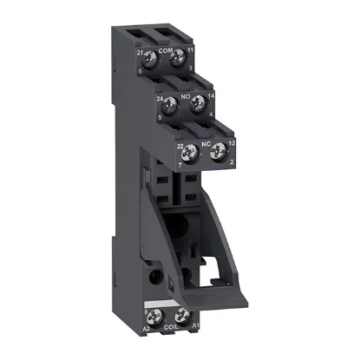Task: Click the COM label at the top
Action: tap(167, 51)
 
